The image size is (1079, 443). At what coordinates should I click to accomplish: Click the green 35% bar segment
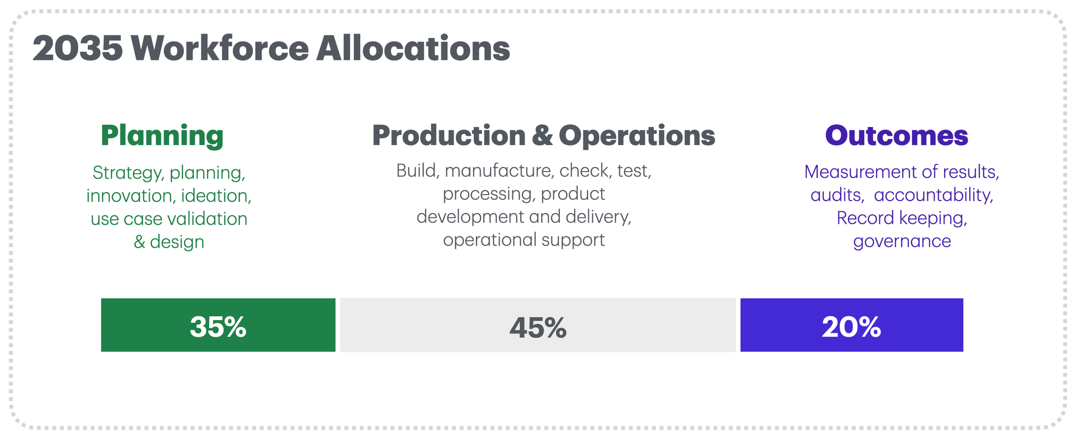click(218, 325)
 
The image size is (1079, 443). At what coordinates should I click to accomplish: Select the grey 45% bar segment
click(538, 325)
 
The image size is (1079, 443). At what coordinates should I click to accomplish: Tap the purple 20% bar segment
click(851, 325)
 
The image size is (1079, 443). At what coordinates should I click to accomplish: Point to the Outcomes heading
click(897, 135)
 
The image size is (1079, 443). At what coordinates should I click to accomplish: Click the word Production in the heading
click(449, 135)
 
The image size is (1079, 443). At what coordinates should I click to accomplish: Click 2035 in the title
click(78, 49)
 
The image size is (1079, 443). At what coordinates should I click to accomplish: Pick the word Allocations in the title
click(413, 48)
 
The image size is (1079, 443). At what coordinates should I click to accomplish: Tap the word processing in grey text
click(489, 194)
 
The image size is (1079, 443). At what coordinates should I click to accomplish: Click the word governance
click(902, 241)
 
